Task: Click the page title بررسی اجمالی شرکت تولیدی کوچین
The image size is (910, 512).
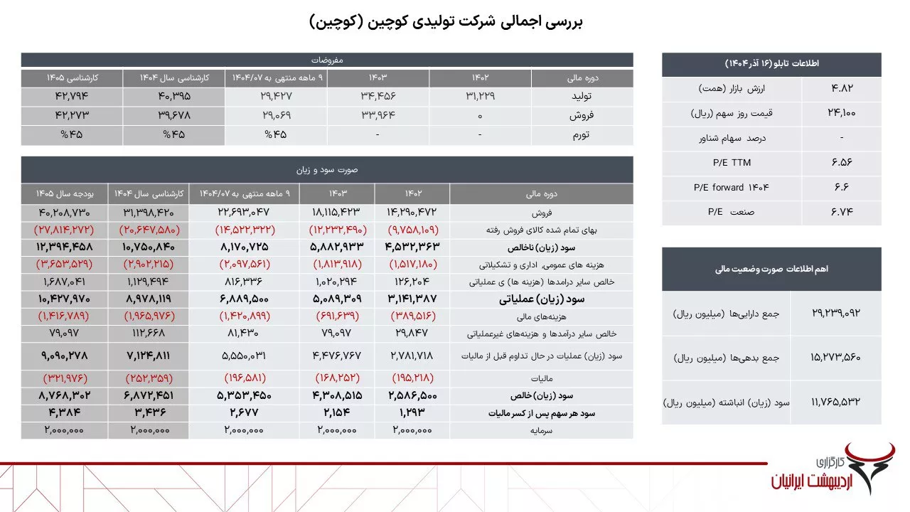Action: coord(446,21)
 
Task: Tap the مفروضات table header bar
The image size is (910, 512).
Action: coord(327,60)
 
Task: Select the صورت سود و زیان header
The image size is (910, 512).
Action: coord(327,170)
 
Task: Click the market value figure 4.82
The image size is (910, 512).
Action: coord(841,89)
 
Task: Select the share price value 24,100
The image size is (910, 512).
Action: coord(841,113)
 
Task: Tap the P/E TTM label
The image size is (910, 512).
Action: coord(732,162)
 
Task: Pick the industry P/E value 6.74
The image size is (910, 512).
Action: coord(841,212)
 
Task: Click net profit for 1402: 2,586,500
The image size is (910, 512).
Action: coord(412,395)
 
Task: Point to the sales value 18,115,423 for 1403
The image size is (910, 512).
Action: coord(336,212)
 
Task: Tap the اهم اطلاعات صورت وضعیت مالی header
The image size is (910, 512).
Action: coord(771,269)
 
